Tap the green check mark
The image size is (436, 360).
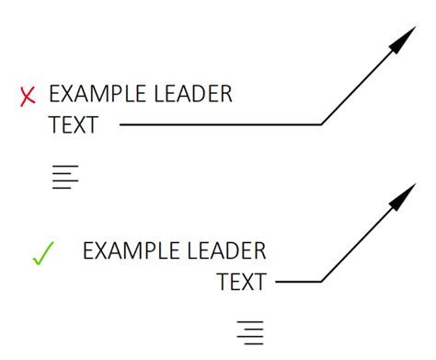point(43,253)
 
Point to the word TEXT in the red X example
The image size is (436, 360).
point(73,125)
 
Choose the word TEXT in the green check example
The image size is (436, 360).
point(241,282)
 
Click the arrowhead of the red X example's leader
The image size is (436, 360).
point(402,41)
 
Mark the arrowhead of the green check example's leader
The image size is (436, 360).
point(403,196)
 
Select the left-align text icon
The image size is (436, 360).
point(65,175)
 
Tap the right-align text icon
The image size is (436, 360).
point(250,332)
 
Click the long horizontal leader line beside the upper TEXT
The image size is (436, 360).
point(221,123)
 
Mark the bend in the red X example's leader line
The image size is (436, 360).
point(321,123)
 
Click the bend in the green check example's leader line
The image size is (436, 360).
point(321,281)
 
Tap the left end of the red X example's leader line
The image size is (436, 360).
point(121,123)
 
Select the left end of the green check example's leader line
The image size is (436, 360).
point(276,281)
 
